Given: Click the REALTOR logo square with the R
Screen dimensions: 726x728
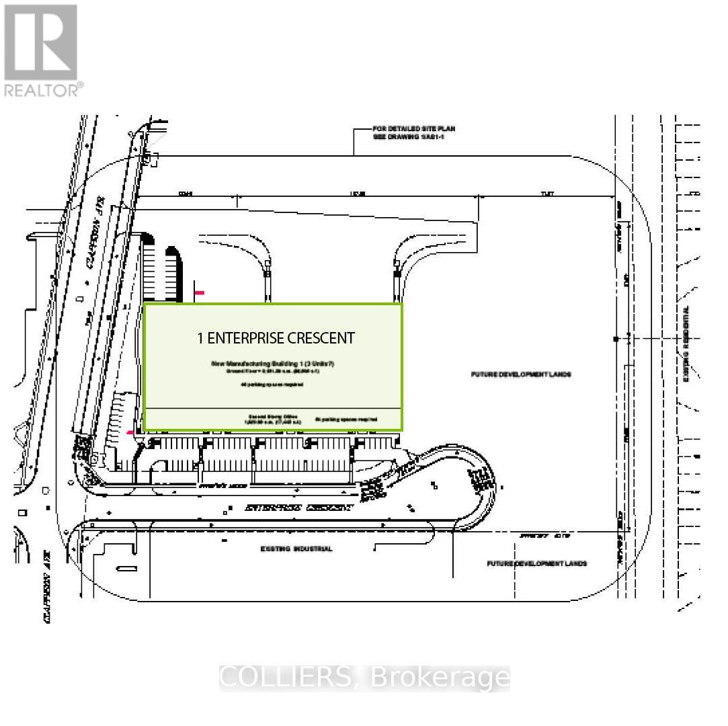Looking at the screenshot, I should click(40, 42).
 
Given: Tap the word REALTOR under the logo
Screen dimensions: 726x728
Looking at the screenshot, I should click(42, 89).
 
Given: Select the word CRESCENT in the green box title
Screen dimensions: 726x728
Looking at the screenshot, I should click(321, 338).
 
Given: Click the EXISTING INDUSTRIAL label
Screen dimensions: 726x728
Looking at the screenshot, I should click(296, 549).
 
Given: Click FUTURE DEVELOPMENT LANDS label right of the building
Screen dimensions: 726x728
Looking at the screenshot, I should click(521, 374).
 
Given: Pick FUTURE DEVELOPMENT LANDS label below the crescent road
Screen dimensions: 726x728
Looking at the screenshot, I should click(537, 563).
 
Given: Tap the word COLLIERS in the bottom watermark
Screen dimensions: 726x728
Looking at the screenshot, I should click(286, 678).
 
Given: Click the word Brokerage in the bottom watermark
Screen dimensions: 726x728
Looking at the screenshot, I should click(440, 678).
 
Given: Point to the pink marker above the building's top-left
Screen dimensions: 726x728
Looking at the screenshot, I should click(200, 293).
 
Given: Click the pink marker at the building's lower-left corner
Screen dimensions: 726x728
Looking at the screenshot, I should click(130, 432).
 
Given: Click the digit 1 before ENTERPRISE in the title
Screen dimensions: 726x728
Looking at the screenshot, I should click(200, 338).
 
